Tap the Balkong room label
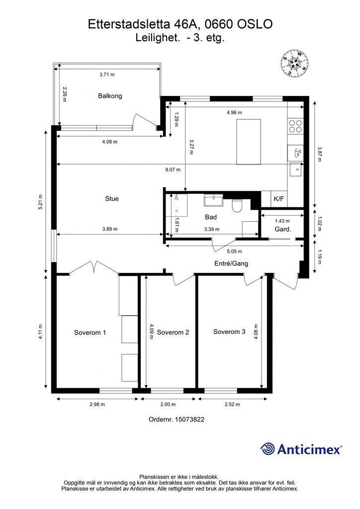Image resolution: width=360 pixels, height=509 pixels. click(110, 96)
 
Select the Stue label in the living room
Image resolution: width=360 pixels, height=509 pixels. click(112, 198)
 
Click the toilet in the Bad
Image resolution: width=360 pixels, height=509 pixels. click(237, 205)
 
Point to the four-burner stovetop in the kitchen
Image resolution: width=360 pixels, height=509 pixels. click(295, 126)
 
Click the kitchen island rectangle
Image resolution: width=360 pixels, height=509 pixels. click(249, 142)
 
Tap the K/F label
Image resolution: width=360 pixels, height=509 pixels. click(279, 199)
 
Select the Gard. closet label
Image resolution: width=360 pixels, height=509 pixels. click(283, 229)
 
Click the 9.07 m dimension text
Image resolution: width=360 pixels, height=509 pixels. click(173, 170)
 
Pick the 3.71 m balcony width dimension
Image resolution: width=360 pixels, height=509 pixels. click(107, 75)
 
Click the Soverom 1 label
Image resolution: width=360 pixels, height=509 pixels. click(90, 333)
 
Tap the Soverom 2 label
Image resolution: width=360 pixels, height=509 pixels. click(173, 332)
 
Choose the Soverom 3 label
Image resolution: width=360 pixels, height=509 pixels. click(229, 332)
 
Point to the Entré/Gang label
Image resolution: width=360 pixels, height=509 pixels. click(231, 263)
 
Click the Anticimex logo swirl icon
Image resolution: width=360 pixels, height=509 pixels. click(268, 449)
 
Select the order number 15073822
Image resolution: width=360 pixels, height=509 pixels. click(189, 419)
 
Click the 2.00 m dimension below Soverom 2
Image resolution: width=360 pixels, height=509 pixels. click(168, 404)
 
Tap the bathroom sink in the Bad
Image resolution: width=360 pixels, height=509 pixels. click(213, 200)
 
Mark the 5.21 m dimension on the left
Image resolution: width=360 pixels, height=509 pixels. click(41, 202)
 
